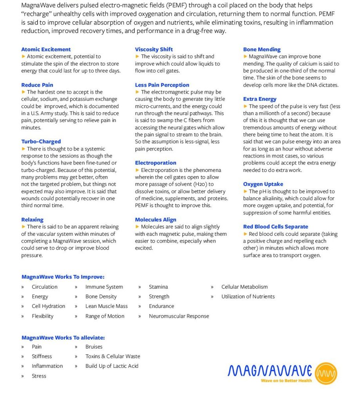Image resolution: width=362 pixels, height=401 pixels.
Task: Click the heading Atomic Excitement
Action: click(46, 49)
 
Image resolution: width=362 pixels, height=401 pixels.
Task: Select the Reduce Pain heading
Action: click(37, 85)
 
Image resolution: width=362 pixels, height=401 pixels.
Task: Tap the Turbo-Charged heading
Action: click(41, 142)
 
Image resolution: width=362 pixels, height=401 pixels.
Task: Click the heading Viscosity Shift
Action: click(154, 49)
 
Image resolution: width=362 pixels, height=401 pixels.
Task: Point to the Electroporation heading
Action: click(156, 163)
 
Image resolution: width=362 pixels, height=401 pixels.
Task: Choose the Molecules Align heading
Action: click(156, 220)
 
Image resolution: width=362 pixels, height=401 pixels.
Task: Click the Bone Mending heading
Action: click(262, 49)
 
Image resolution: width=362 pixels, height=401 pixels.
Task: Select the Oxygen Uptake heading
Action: click(263, 184)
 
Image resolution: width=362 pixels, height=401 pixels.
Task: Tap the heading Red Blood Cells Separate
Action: click(275, 227)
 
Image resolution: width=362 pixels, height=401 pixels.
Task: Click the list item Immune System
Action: click(104, 287)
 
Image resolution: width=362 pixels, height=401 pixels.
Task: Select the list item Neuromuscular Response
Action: click(179, 316)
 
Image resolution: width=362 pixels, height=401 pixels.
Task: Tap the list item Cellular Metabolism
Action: click(244, 287)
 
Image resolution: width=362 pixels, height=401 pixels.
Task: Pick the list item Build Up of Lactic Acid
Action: click(112, 366)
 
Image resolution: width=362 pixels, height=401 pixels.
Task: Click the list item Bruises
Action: click(94, 347)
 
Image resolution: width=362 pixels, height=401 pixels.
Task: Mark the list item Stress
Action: click(39, 376)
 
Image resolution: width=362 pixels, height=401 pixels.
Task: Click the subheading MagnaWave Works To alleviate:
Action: click(63, 338)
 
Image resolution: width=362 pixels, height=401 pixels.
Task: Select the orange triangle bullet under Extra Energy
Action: click(246, 107)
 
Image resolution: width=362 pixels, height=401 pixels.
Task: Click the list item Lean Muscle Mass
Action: click(107, 306)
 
